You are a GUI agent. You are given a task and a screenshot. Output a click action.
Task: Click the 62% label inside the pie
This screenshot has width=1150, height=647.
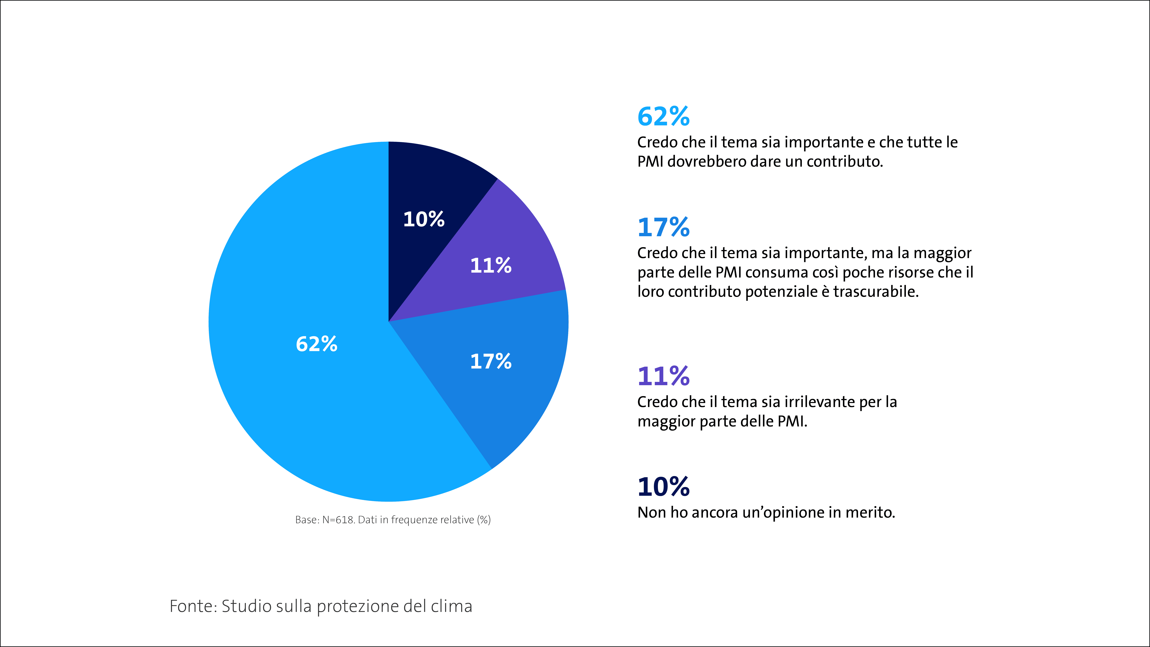tap(317, 344)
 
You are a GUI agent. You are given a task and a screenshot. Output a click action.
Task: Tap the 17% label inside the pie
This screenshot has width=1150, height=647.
tap(491, 361)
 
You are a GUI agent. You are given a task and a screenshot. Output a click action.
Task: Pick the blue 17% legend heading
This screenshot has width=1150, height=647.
tap(663, 227)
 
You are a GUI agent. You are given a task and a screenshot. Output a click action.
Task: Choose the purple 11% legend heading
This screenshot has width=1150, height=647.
tap(663, 376)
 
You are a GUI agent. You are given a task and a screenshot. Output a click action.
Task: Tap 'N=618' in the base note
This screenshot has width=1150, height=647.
tap(338, 520)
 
